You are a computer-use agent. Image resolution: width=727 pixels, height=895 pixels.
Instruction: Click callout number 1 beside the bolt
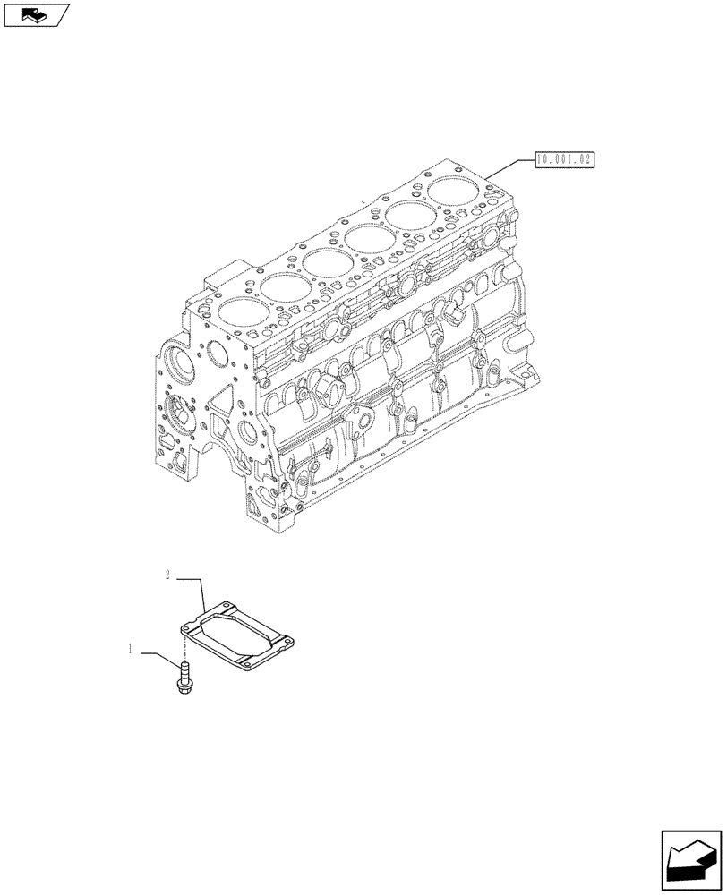pos(131,651)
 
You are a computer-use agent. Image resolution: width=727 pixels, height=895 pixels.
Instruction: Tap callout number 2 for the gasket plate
pos(167,575)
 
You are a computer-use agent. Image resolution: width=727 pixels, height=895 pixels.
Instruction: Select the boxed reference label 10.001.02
pos(565,160)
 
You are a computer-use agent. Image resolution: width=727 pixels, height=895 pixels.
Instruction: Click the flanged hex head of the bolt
pos(184,687)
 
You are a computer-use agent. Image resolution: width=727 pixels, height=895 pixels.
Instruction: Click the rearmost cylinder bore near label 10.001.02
pos(452,190)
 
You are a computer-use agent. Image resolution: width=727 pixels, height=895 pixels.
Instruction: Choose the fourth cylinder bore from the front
pos(368,238)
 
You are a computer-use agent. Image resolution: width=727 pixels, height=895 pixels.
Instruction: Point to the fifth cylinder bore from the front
pos(410,214)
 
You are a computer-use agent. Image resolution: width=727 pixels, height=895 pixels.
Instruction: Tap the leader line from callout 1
pos(161,655)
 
